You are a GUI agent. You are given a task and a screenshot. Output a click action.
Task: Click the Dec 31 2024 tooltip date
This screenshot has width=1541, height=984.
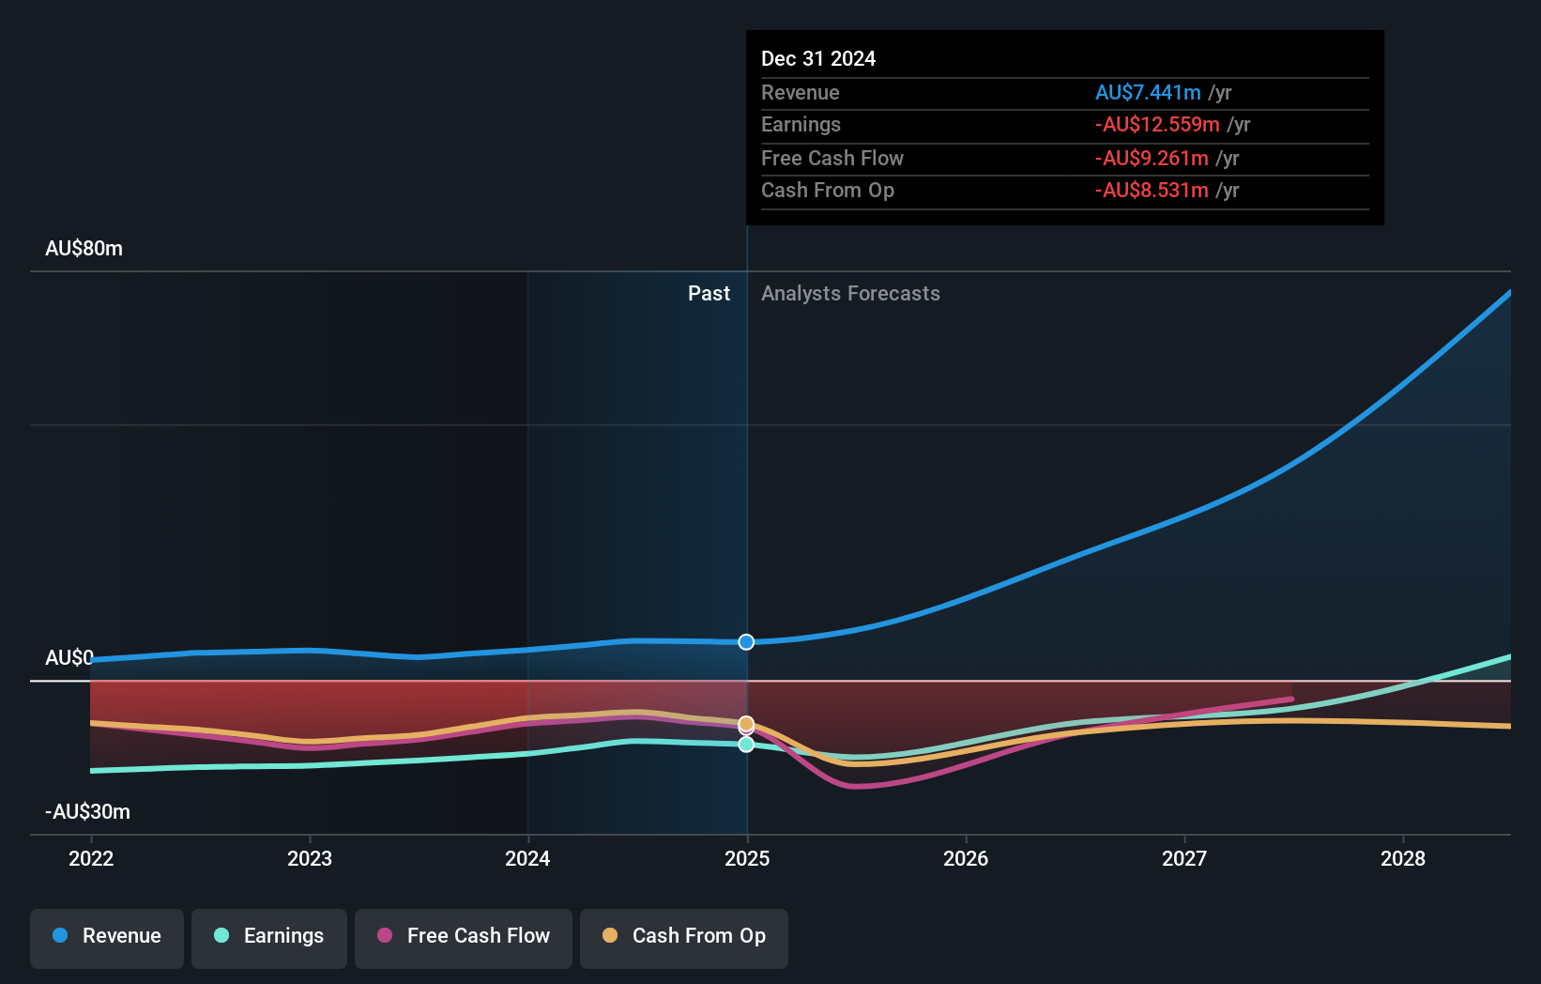[817, 58]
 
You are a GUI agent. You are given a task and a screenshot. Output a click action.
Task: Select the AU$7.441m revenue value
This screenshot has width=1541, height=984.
[1148, 92]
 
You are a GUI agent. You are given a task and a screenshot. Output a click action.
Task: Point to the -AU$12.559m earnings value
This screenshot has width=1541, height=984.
[1157, 124]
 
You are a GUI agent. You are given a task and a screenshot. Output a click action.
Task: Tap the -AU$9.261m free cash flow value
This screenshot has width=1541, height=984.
[1152, 158]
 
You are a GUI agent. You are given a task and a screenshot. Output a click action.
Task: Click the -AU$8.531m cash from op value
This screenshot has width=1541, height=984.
[1152, 190]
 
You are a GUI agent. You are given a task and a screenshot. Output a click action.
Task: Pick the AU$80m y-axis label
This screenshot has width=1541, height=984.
[84, 248]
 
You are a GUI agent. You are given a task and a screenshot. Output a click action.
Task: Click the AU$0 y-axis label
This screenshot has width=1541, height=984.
[69, 657]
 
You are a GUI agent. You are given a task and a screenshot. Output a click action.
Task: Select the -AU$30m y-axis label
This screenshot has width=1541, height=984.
[87, 811]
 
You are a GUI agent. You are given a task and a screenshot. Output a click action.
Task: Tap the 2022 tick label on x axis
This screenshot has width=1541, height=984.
[91, 858]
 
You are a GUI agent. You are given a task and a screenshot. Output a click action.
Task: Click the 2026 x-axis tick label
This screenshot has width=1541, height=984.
[966, 858]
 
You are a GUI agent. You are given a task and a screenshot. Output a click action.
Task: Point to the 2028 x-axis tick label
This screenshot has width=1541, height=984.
[1402, 858]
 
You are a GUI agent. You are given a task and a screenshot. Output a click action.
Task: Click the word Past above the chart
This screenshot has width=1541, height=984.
[709, 293]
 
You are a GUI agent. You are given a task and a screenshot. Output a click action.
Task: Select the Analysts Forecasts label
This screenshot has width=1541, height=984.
[850, 293]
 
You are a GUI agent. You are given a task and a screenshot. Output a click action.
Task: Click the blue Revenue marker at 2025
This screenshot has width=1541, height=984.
[746, 642]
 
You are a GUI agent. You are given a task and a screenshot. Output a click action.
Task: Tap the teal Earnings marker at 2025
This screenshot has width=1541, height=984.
[746, 745]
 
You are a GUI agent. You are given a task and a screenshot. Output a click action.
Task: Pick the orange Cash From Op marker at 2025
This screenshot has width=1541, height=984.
[746, 724]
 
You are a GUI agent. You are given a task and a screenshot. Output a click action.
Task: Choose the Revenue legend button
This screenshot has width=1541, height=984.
[107, 936]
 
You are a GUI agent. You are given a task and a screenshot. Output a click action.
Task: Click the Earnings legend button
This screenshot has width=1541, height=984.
[269, 936]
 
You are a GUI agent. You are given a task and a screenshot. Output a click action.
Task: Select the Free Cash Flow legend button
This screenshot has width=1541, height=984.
[464, 936]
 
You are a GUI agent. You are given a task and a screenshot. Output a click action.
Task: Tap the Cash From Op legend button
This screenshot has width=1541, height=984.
[684, 936]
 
